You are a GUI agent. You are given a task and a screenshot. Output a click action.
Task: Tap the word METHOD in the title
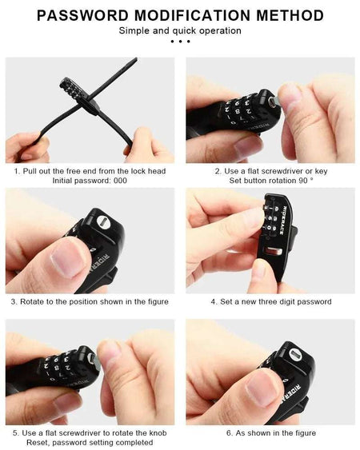(x=286, y=15)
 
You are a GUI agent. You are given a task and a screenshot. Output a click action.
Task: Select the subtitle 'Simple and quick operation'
(x=180, y=30)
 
